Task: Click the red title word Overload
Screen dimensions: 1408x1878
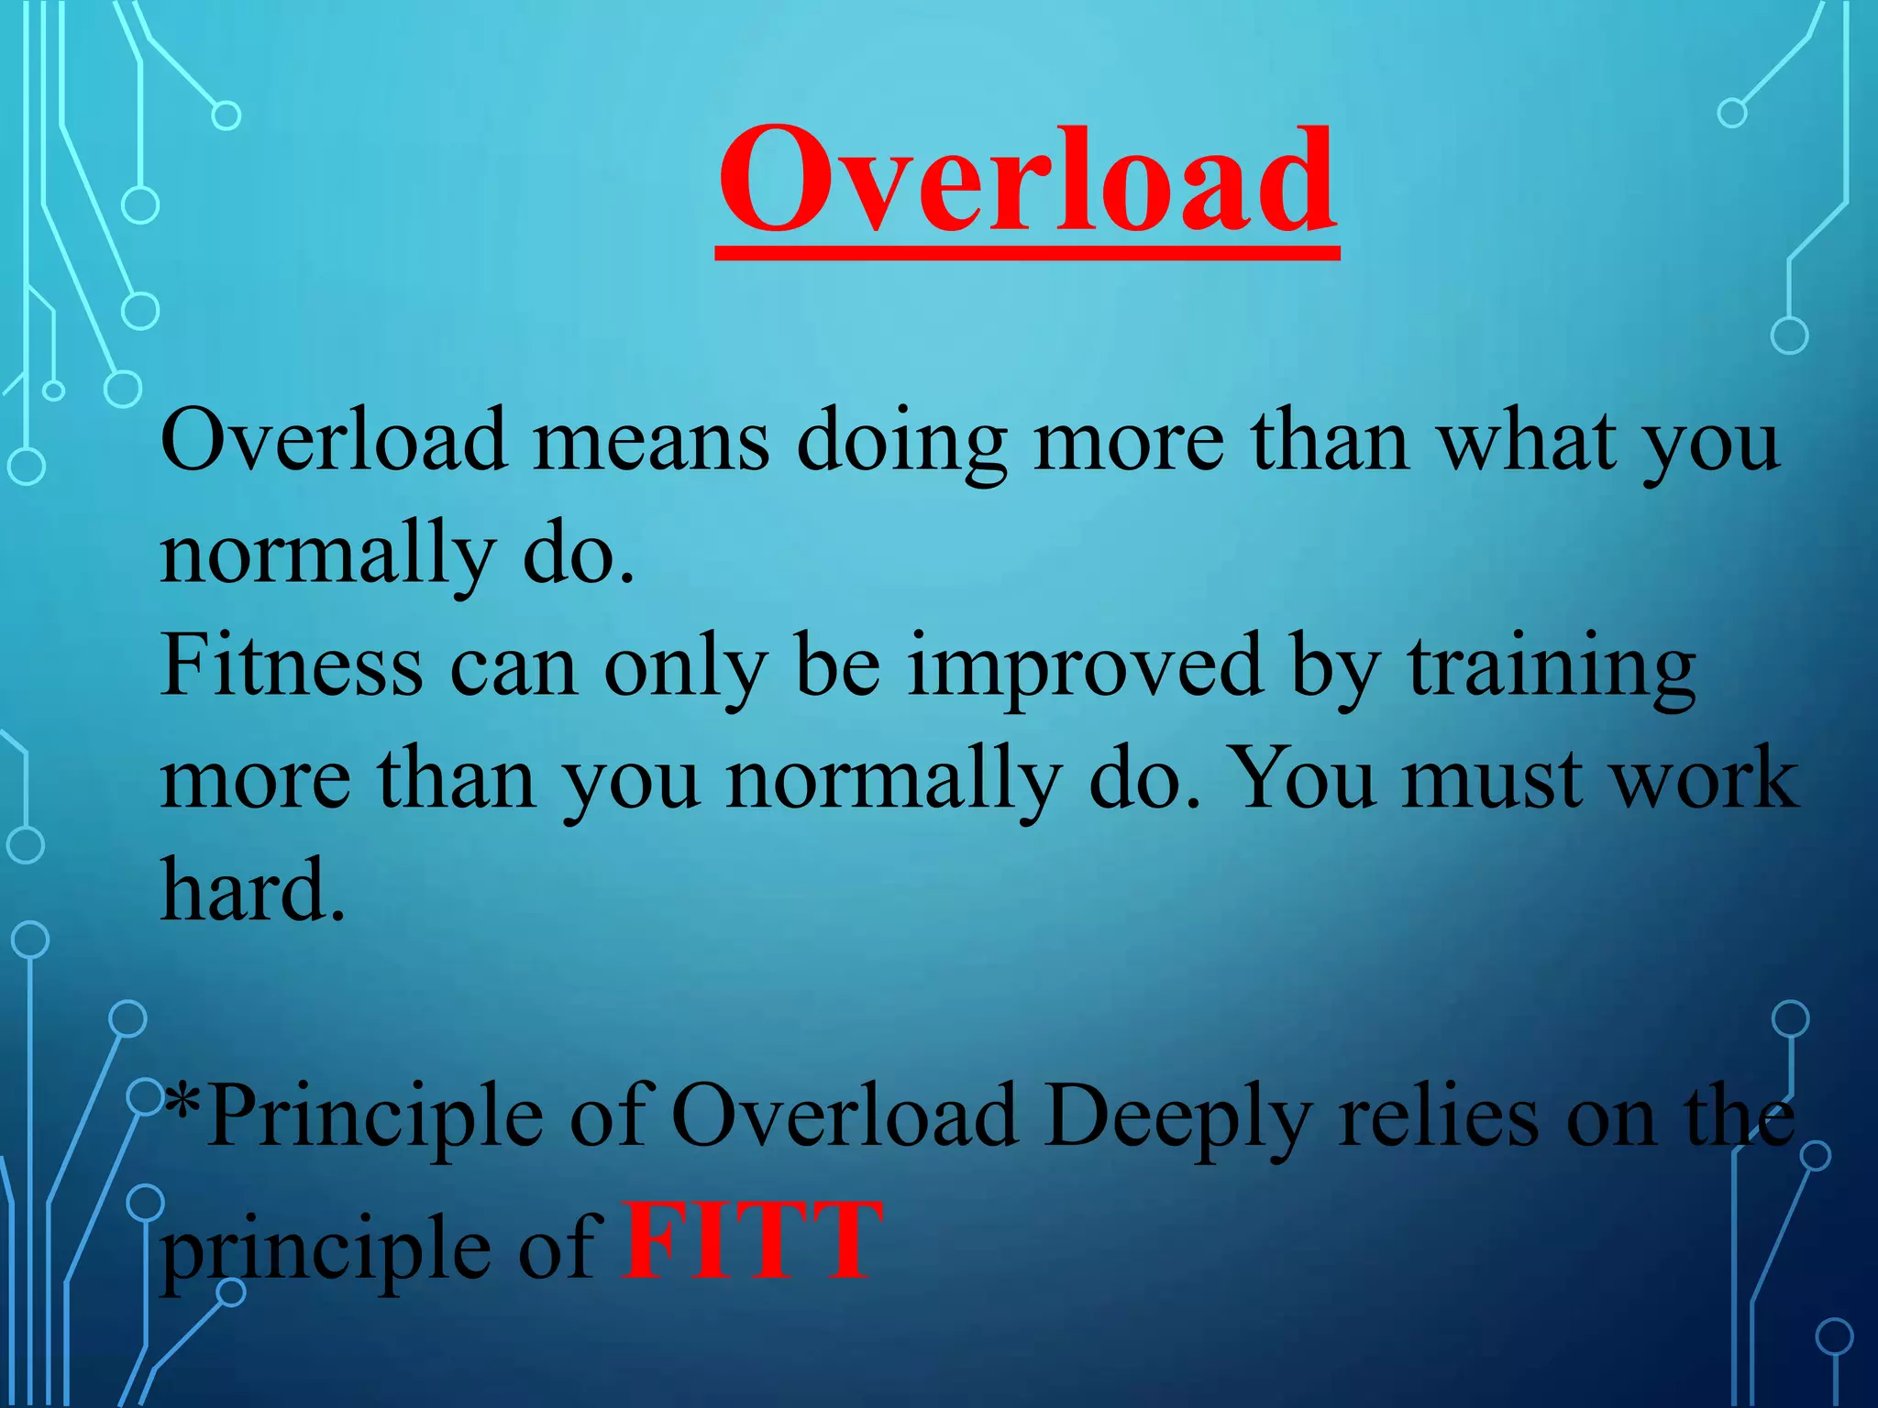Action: click(x=1027, y=181)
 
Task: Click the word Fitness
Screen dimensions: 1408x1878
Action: click(x=292, y=667)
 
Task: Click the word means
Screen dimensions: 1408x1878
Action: click(x=651, y=442)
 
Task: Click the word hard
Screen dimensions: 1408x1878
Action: click(x=253, y=889)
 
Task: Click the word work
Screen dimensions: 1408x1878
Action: click(x=1706, y=779)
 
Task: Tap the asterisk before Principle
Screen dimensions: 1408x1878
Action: click(x=182, y=1100)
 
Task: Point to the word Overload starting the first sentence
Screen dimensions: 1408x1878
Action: click(x=334, y=442)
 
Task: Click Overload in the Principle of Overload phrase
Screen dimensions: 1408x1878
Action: click(x=844, y=1116)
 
